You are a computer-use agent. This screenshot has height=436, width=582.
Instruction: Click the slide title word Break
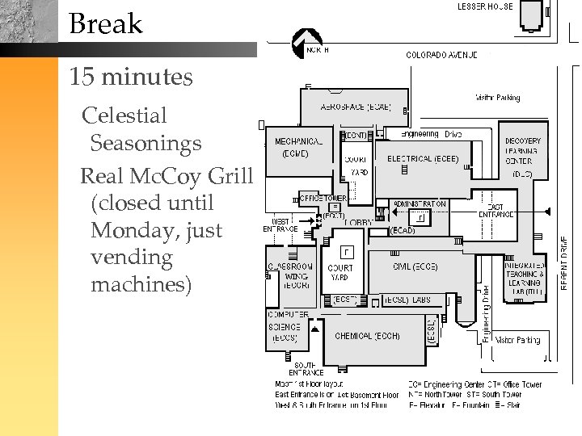[x=105, y=23]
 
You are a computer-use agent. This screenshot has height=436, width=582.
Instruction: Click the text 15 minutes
[x=131, y=78]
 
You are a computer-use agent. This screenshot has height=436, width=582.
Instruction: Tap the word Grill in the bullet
[x=230, y=176]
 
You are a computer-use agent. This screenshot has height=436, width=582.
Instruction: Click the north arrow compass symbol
[x=305, y=41]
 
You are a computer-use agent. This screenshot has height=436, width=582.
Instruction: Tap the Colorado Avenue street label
[x=441, y=55]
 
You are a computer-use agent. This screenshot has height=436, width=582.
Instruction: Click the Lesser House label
[x=485, y=6]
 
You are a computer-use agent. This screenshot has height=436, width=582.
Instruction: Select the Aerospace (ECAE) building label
[x=356, y=107]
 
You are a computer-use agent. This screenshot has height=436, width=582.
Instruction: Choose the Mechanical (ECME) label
[x=298, y=147]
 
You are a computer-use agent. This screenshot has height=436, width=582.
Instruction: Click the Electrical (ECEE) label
[x=423, y=159]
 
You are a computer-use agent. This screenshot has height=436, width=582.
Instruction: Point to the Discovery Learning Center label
[x=522, y=151]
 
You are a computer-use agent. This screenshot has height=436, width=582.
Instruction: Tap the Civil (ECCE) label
[x=415, y=266]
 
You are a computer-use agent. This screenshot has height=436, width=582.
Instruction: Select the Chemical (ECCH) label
[x=367, y=336]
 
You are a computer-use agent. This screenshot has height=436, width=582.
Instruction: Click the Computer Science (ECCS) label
[x=287, y=326]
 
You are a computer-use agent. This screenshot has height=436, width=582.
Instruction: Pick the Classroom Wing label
[x=290, y=275]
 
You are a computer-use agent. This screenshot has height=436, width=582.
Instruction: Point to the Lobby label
[x=360, y=222]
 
